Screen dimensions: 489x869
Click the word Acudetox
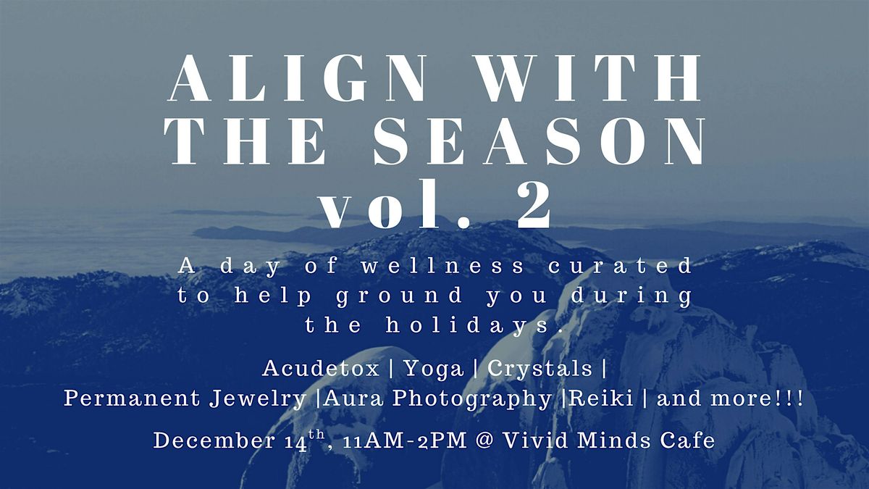coord(321,369)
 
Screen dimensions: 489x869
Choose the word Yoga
coord(434,369)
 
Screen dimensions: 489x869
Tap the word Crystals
coord(540,369)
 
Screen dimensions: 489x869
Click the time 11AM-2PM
coord(384,441)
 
